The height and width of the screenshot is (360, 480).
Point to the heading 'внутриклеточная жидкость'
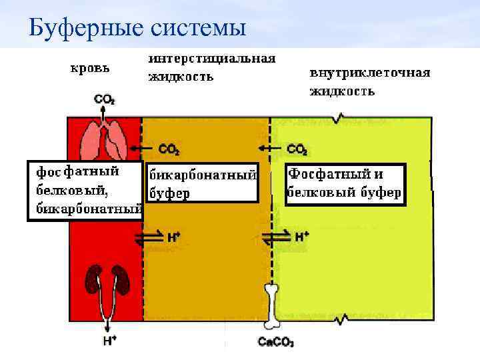pyautogui.click(x=369, y=81)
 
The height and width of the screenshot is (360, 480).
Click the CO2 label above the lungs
pyautogui.click(x=104, y=100)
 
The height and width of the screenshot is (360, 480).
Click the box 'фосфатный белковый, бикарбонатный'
pyautogui.click(x=85, y=190)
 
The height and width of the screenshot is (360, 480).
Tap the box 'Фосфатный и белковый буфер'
pyautogui.click(x=345, y=183)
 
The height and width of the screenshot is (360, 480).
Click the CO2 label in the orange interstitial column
pyautogui.click(x=169, y=149)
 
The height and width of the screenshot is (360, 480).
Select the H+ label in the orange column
pyautogui.click(x=173, y=236)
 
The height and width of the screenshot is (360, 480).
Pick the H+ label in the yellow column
pyautogui.click(x=301, y=236)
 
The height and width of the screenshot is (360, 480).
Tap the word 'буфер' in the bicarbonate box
pyautogui.click(x=169, y=193)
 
